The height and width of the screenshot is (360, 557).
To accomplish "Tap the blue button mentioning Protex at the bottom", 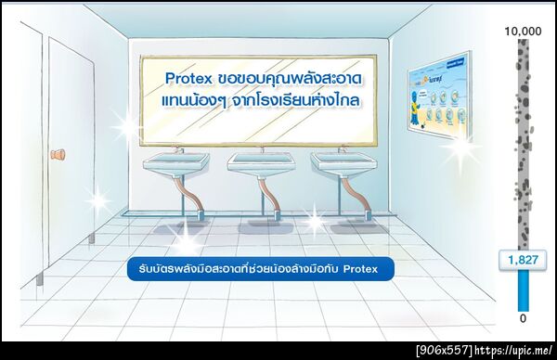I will click(x=260, y=269).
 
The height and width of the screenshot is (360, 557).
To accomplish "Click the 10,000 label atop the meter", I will click(x=523, y=32).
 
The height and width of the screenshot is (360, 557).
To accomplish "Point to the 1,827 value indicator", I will click(x=522, y=260).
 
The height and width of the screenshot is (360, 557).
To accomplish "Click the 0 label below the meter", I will click(x=523, y=318).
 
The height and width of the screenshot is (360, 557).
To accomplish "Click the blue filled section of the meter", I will click(x=523, y=290).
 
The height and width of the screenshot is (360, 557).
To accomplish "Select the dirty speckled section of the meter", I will click(x=523, y=139).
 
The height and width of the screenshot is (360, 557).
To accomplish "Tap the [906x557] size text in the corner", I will click(x=444, y=350).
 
